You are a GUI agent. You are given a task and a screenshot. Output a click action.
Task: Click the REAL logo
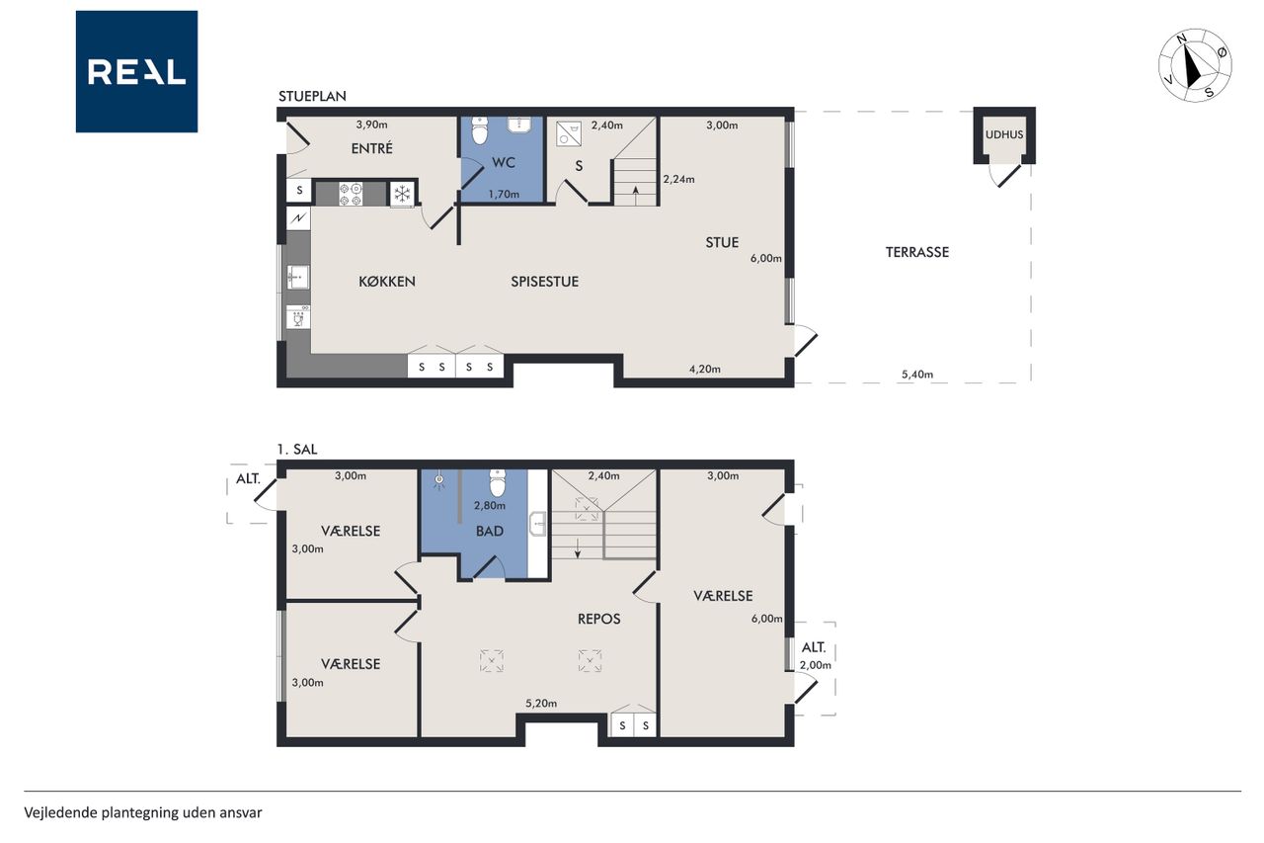tap(136, 72)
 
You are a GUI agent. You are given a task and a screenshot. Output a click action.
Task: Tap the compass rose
tap(1195, 65)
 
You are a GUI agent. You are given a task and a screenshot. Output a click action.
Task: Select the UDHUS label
tap(1004, 134)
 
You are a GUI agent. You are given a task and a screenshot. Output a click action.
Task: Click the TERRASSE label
tap(917, 252)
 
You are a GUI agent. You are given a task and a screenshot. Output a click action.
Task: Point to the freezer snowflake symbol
tap(402, 195)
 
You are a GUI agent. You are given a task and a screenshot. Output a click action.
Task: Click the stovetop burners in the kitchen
tap(351, 194)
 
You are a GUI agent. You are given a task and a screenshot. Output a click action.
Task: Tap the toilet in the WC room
tap(480, 130)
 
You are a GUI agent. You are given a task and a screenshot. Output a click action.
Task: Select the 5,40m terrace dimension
tap(917, 375)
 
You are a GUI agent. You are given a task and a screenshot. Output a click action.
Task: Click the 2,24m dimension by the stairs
tap(678, 179)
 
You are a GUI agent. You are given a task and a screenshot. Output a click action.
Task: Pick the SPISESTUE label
tap(544, 282)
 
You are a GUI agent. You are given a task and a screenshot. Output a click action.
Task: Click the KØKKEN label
tap(387, 281)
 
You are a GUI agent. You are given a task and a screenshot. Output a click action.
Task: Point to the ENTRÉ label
tap(372, 148)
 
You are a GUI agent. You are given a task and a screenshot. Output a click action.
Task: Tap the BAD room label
tap(489, 531)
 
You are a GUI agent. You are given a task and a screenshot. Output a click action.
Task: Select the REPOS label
tap(598, 619)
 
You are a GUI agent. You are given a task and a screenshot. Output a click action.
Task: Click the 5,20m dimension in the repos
tap(541, 704)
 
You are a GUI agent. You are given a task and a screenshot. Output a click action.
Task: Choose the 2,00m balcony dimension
tap(816, 665)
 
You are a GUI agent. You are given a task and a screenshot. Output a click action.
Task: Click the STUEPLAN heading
tap(312, 96)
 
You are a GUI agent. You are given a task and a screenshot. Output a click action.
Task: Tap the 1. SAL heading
tap(297, 450)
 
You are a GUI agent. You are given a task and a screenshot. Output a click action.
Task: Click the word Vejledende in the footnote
tap(60, 812)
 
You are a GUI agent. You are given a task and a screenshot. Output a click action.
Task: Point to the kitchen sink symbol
tap(297, 278)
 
